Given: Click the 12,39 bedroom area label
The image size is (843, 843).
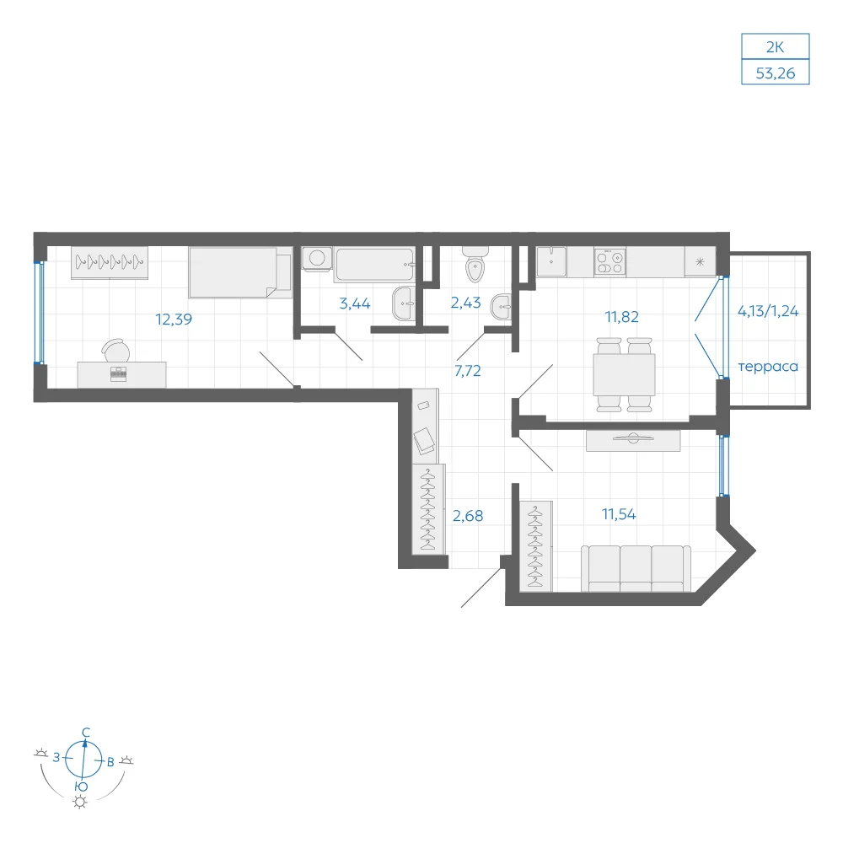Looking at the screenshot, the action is click(x=174, y=319).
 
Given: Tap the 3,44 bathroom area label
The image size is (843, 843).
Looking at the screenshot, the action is click(x=355, y=303).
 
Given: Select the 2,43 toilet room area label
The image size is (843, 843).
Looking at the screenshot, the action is click(x=465, y=303).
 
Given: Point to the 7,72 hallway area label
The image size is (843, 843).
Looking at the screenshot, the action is click(x=468, y=371).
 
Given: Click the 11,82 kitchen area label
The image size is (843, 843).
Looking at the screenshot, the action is click(x=622, y=317).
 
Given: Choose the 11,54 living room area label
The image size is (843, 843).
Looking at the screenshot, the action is click(x=619, y=514).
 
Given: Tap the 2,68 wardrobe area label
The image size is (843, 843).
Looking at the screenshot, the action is click(x=468, y=516).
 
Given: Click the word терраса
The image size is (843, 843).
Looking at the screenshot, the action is click(x=768, y=368).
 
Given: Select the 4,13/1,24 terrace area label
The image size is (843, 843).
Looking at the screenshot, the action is click(x=768, y=311).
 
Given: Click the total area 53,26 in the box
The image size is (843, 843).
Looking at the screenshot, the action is click(x=776, y=73).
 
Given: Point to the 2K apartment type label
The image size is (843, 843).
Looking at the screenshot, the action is click(x=776, y=47).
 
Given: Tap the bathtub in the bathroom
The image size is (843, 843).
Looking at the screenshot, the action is click(x=375, y=264).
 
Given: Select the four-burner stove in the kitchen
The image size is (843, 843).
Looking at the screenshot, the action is click(x=610, y=262).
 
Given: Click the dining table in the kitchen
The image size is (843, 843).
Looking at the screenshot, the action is click(x=624, y=375).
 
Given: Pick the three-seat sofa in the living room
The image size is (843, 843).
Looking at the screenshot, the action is click(x=636, y=569).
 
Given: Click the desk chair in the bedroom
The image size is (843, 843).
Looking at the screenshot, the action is click(x=116, y=351).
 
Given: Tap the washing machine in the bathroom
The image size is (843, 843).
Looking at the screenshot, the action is click(x=317, y=259).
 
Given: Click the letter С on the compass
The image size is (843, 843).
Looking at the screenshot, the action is click(x=86, y=733).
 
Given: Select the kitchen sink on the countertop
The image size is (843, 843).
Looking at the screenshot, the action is click(x=551, y=262).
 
